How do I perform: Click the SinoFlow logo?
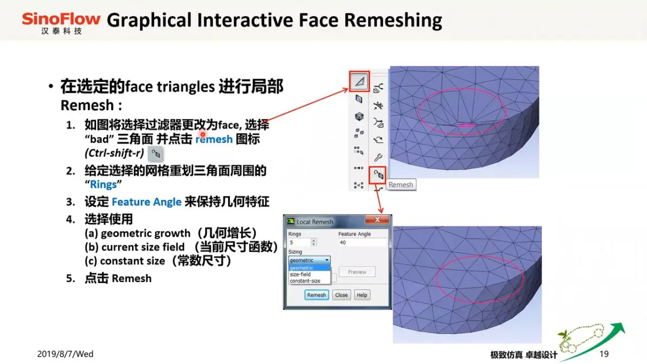pos(61,23)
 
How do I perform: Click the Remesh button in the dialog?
pos(316,295)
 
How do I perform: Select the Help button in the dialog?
pos(362,295)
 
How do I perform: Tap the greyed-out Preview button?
pos(357,272)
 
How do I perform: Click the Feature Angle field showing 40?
pos(362,242)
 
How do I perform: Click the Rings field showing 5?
pos(302,242)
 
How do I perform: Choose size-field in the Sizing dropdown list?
pos(300,274)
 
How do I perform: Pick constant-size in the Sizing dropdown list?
pos(305,280)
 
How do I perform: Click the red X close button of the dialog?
pos(377,220)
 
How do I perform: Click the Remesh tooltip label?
pos(401,184)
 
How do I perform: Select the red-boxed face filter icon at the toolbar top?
pos(359,81)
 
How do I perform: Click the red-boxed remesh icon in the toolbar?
pos(378,175)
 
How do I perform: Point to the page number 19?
pos(604,354)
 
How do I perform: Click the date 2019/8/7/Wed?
pos(65,354)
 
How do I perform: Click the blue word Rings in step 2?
pos(103,184)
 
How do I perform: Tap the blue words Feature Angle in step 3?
pos(147,202)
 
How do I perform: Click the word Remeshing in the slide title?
pos(393,20)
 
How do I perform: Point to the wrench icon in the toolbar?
pos(378,157)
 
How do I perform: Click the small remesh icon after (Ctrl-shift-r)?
pos(156,154)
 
